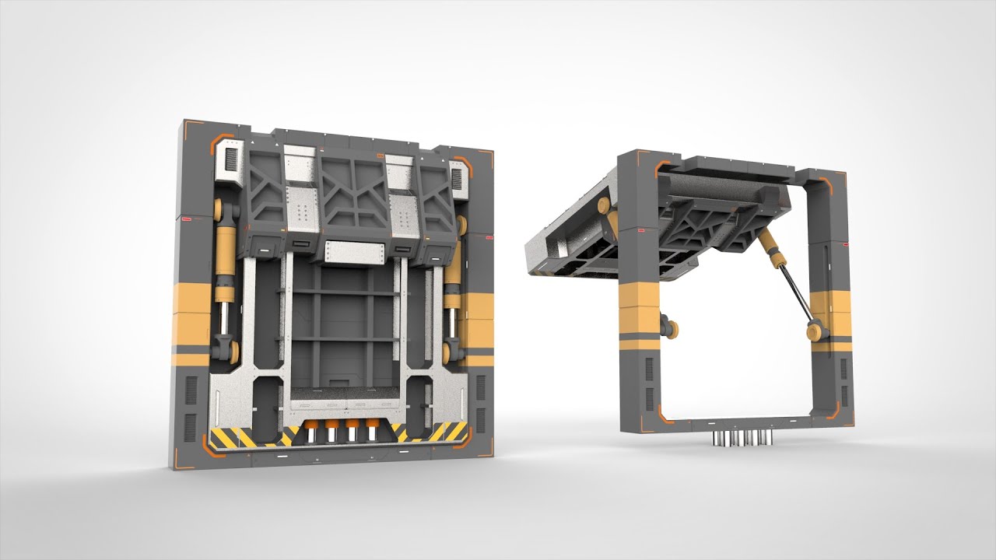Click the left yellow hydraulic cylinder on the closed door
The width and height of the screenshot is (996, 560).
tap(224, 257)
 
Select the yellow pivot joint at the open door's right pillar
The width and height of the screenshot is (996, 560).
tap(815, 332)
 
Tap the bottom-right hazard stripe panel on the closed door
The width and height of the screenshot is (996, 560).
tap(436, 432)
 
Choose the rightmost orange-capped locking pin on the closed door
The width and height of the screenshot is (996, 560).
tap(371, 429)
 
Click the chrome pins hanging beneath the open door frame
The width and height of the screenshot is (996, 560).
tap(740, 439)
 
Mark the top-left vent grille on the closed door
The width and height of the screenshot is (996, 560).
tap(230, 160)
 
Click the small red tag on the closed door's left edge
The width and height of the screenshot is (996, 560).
tap(185, 220)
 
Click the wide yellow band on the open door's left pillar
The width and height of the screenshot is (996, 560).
tap(638, 305)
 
